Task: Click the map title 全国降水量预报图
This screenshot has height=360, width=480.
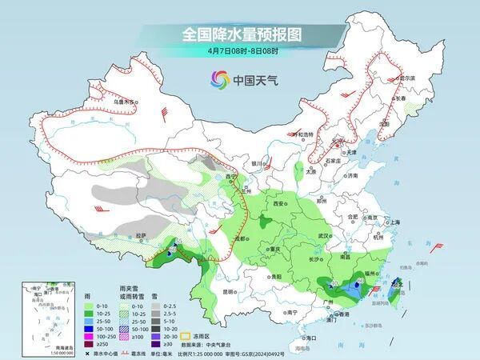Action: coord(239,34)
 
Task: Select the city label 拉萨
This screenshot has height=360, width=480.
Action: coord(142,235)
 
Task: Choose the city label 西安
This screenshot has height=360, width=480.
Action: coord(278,204)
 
